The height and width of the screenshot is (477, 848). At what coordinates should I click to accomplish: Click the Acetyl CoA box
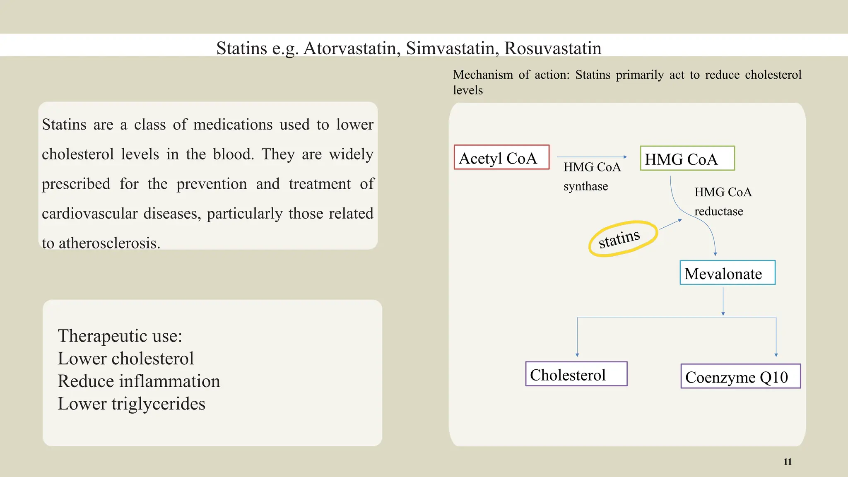pos(501,157)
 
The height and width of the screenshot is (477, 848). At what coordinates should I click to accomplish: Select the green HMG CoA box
pos(687,158)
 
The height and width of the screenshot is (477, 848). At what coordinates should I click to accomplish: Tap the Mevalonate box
pos(727,273)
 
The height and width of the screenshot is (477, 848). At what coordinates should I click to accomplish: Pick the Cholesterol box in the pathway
pos(576,374)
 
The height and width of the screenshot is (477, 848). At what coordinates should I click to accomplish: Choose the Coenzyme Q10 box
pos(740,376)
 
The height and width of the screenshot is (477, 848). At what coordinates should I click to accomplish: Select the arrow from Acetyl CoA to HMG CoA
pos(592,157)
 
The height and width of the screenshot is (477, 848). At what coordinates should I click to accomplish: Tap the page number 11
pos(788,462)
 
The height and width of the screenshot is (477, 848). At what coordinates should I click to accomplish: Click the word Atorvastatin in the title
pos(352,48)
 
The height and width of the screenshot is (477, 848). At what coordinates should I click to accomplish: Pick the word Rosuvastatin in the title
pos(552,48)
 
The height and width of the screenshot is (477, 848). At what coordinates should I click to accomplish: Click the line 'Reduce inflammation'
pos(139,381)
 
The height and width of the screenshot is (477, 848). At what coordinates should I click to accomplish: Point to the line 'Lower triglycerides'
pos(131,404)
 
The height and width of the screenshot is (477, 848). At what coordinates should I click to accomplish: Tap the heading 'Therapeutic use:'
pos(120,336)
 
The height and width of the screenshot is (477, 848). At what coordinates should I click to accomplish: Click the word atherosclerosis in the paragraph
pos(109,243)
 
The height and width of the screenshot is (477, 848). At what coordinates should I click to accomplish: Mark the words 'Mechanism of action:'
pos(511,75)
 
